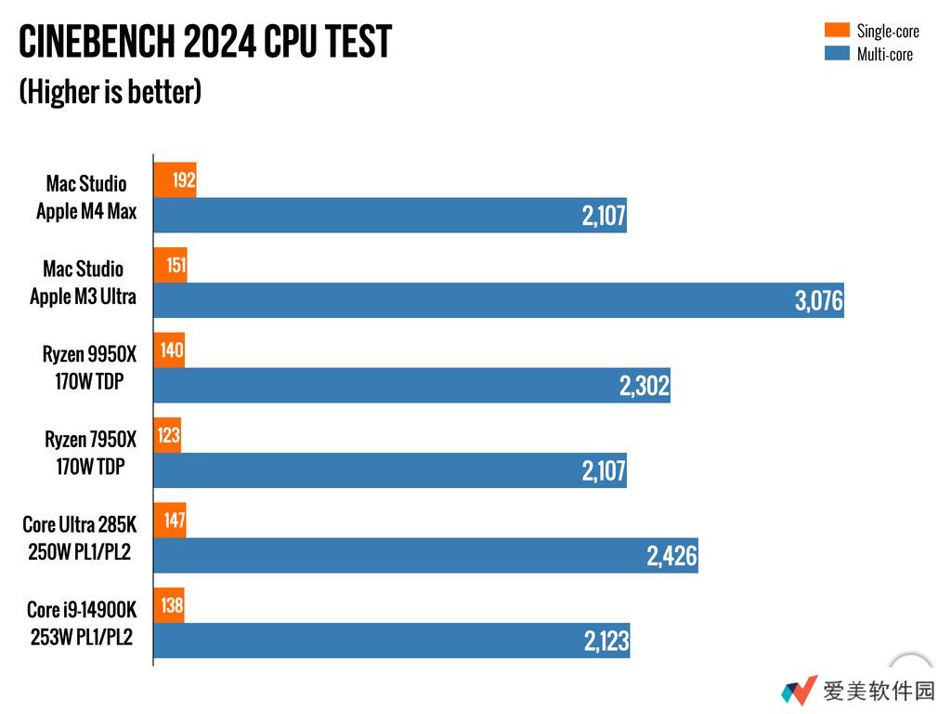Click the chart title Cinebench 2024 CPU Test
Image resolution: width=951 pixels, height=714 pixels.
pyautogui.click(x=205, y=42)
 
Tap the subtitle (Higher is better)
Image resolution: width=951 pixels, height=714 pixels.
pyautogui.click(x=110, y=91)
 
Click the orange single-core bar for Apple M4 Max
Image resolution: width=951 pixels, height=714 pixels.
pyautogui.click(x=175, y=179)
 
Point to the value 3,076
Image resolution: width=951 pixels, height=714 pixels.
pyautogui.click(x=818, y=301)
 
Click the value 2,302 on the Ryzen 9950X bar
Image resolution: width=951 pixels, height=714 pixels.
pyautogui.click(x=645, y=386)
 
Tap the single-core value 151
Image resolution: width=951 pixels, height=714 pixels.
pyautogui.click(x=176, y=266)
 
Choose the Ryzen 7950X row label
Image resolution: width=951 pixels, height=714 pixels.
pyautogui.click(x=90, y=452)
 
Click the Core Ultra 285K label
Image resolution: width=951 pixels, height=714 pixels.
pyautogui.click(x=79, y=537)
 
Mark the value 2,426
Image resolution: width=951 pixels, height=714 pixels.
pyautogui.click(x=671, y=557)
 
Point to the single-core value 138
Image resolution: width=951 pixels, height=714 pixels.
pyautogui.click(x=172, y=607)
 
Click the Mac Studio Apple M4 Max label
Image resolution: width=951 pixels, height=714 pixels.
pyautogui.click(x=86, y=197)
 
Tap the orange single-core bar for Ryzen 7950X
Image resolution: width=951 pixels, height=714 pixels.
pyautogui.click(x=167, y=436)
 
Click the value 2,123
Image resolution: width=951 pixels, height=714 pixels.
pyautogui.click(x=606, y=641)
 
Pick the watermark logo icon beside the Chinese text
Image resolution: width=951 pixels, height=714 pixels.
pyautogui.click(x=799, y=691)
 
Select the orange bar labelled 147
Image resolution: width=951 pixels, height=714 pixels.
pyautogui.click(x=170, y=522)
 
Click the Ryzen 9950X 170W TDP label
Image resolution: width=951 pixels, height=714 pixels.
pyautogui.click(x=89, y=367)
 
